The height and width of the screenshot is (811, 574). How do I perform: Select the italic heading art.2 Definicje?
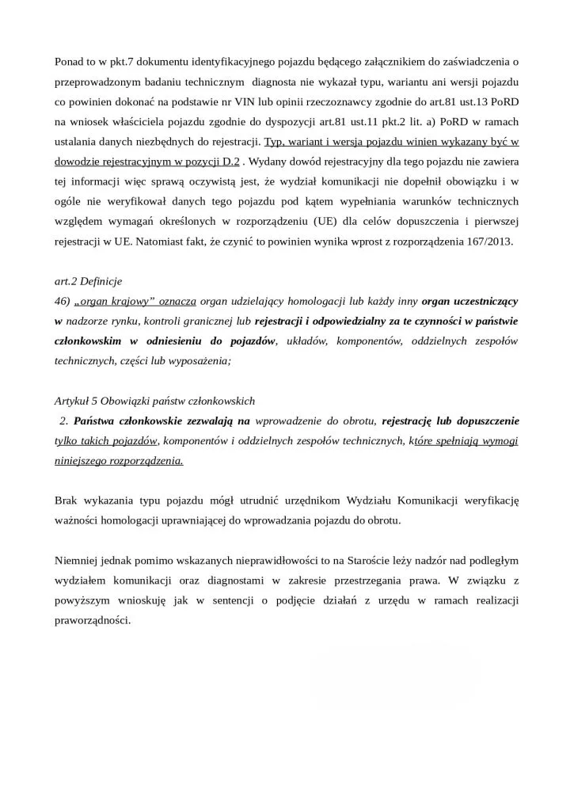click(x=89, y=281)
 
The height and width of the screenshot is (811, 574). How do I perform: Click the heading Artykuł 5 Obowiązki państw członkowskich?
click(x=154, y=400)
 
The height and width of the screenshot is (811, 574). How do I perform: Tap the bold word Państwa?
click(x=92, y=421)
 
